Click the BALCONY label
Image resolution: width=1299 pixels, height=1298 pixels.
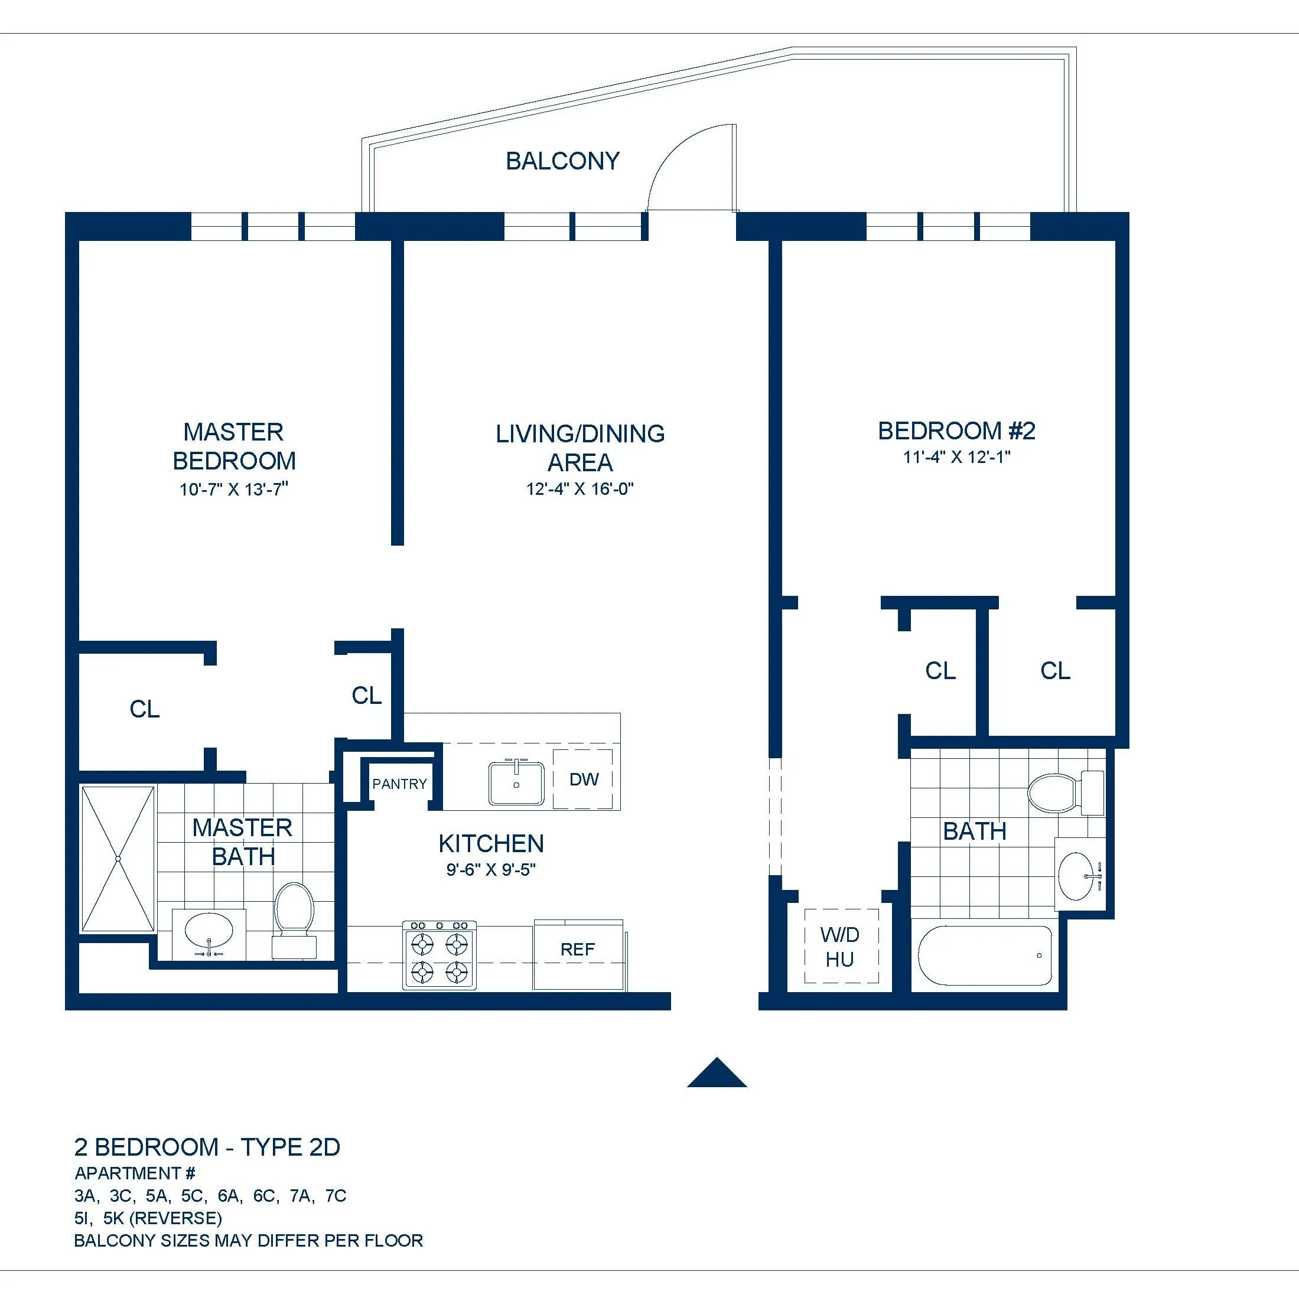[562, 161]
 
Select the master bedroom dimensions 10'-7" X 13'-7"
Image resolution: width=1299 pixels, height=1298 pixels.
[233, 490]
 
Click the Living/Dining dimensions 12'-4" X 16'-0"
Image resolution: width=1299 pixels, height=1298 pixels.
[579, 489]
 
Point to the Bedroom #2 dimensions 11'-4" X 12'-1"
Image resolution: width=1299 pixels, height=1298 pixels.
[956, 457]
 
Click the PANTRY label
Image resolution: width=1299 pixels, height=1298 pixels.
[399, 784]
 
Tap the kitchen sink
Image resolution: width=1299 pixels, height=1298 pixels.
[516, 783]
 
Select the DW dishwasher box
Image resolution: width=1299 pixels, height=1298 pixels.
[583, 779]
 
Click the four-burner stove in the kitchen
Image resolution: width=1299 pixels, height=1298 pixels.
[439, 955]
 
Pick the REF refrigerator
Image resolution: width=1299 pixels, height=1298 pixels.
[578, 950]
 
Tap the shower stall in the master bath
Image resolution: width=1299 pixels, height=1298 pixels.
[118, 859]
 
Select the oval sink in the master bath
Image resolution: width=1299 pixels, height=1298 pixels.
[209, 932]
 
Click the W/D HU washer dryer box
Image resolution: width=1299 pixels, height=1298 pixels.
[841, 947]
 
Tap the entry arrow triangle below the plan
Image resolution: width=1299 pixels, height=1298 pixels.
[717, 1074]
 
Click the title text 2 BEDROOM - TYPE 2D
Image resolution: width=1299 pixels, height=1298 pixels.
[207, 1147]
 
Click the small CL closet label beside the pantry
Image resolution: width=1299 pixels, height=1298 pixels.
[366, 696]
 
